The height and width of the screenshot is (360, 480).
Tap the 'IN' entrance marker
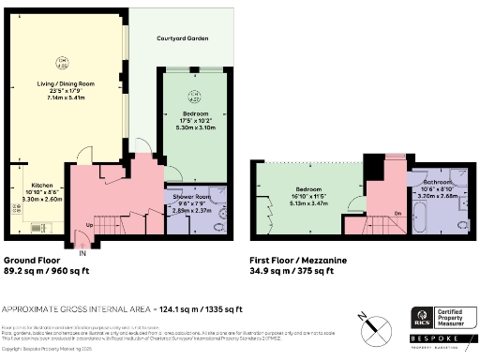click(82, 253)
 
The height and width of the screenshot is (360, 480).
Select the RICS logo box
click(423, 318)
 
